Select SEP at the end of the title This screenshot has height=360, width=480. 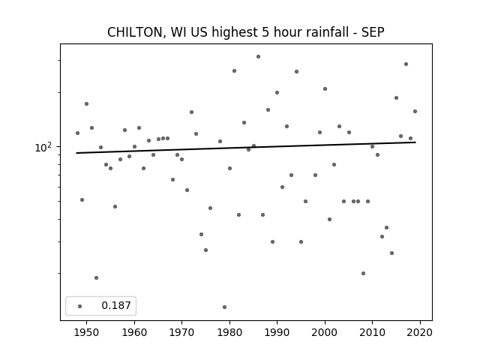[x=373, y=32]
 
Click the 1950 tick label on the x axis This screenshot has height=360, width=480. [x=87, y=332]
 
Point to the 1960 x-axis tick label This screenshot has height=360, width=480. [x=134, y=332]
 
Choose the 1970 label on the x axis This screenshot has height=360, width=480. [x=181, y=332]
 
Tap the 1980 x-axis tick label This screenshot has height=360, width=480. [x=229, y=332]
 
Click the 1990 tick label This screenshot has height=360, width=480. [x=277, y=332]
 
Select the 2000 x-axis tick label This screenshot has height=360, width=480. [x=325, y=332]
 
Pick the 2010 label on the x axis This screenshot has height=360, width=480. [x=372, y=332]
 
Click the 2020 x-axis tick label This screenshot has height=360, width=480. [x=420, y=332]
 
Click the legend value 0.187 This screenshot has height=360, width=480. [x=116, y=305]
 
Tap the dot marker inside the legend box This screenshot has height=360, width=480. [x=80, y=306]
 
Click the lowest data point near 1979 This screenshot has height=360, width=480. [x=225, y=307]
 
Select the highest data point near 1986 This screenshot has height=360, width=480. [x=258, y=57]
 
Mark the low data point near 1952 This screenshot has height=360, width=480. [x=97, y=278]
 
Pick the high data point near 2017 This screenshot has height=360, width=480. [x=406, y=64]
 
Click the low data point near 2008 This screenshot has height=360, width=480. [x=363, y=273]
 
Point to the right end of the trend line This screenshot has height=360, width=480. [x=415, y=142]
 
